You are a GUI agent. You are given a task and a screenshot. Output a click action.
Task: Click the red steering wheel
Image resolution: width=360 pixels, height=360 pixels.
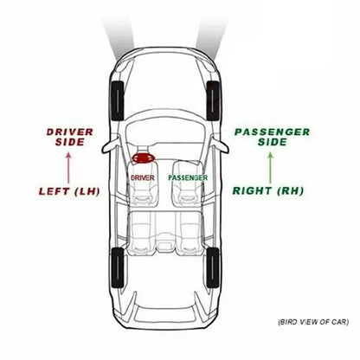(144, 157)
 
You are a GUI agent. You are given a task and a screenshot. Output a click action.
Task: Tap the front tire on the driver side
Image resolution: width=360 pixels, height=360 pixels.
(118, 100)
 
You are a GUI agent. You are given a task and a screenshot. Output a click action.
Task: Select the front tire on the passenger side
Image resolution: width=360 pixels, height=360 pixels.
(213, 100)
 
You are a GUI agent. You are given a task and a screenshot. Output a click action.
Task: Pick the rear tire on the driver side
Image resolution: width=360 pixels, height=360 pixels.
(118, 267)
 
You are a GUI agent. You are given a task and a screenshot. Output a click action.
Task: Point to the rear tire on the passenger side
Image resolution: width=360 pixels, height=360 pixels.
(213, 267)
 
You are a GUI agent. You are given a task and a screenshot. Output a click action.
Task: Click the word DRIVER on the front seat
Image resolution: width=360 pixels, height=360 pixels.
(143, 178)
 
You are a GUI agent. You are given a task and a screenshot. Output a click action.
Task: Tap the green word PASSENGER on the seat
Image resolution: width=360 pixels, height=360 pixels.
(188, 177)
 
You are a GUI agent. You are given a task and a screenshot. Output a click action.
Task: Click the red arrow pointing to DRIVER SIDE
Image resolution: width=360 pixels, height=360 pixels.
(68, 168)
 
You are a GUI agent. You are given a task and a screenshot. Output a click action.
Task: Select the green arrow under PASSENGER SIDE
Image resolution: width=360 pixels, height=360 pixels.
(270, 168)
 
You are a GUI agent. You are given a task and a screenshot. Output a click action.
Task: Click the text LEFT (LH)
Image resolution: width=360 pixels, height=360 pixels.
(69, 191)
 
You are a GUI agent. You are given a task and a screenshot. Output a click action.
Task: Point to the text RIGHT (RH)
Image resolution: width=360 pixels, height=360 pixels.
(268, 190)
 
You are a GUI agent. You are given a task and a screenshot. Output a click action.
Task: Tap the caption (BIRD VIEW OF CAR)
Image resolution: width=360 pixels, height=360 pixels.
(313, 322)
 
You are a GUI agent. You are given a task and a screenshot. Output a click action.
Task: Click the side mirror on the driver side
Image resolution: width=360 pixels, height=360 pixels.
(111, 146)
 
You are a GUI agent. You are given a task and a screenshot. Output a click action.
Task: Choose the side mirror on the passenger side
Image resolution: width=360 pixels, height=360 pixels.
(221, 145)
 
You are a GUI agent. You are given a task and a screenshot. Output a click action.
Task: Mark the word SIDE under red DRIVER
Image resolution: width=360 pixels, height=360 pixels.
(70, 142)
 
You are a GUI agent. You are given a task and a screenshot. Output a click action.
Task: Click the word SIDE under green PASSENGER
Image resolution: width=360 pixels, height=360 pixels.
(273, 142)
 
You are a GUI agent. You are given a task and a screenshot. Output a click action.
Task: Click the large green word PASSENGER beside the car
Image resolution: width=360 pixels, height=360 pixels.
(273, 132)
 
